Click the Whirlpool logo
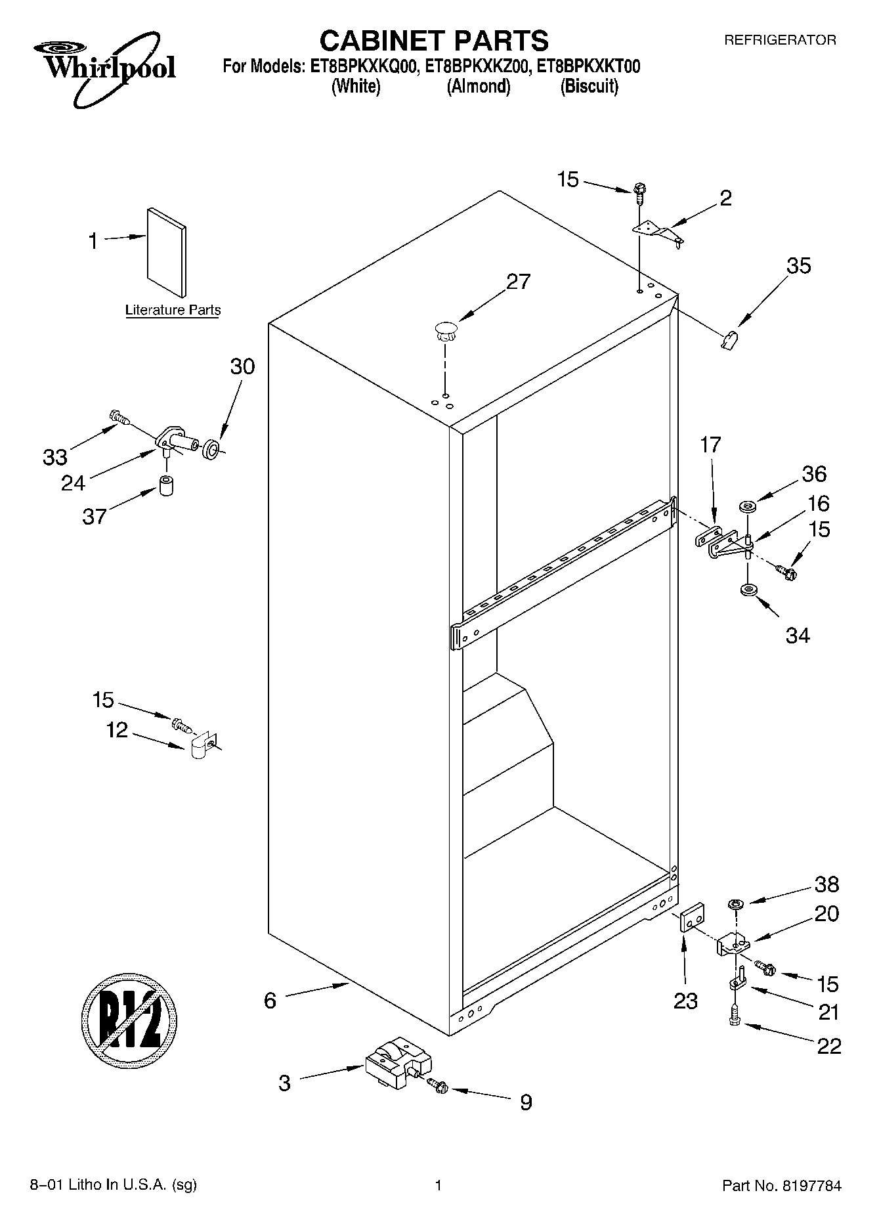[x=105, y=69]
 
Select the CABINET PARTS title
[x=433, y=41]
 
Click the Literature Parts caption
[x=173, y=310]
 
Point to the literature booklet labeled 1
[x=167, y=253]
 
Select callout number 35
[x=798, y=266]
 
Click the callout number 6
[x=270, y=1001]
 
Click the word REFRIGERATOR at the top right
[x=779, y=40]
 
